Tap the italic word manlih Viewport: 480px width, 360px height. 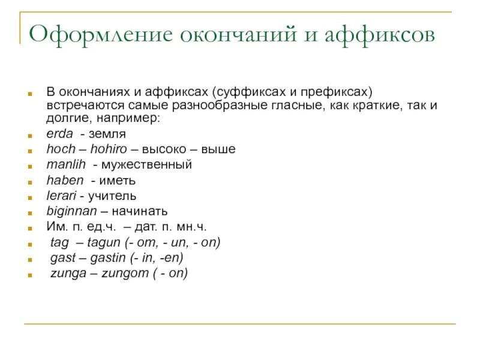pyautogui.click(x=66, y=164)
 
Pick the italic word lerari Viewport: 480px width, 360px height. pyautogui.click(x=61, y=196)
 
